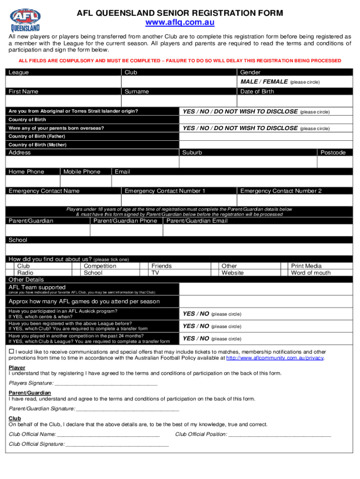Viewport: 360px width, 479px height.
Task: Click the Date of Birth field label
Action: [x=257, y=92]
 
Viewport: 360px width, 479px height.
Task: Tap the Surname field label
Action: [x=137, y=92]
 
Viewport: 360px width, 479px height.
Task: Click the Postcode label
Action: [x=333, y=152]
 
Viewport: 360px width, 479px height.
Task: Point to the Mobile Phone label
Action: [x=82, y=172]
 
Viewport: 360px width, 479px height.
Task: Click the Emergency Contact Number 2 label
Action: [x=281, y=191]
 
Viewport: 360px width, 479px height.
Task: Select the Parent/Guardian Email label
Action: [x=197, y=221]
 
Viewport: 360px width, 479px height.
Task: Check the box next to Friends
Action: [x=145, y=266]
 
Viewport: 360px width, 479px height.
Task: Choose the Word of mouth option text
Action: [x=310, y=273]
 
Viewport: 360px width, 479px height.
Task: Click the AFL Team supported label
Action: [x=37, y=287]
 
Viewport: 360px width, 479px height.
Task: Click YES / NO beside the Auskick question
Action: [x=196, y=314]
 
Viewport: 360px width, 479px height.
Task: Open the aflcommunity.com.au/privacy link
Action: [x=275, y=358]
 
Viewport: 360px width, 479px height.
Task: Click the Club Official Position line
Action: [x=279, y=434]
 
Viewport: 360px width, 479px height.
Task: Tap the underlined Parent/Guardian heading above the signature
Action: [x=30, y=393]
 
